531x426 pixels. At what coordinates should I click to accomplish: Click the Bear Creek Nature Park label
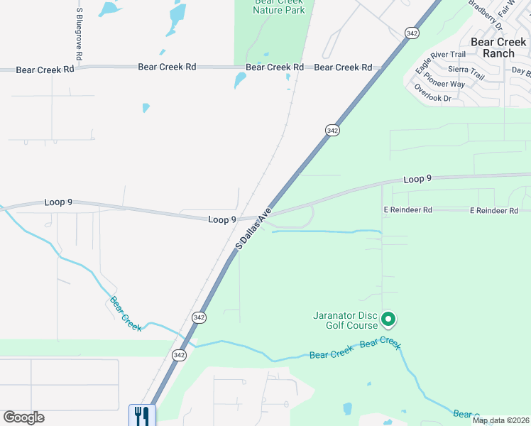(x=280, y=7)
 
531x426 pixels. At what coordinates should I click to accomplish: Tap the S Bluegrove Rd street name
(x=79, y=34)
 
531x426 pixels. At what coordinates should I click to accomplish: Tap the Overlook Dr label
(x=432, y=94)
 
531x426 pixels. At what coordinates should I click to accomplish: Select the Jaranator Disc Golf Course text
(x=345, y=320)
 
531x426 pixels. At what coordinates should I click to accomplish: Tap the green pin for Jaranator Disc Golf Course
(x=388, y=320)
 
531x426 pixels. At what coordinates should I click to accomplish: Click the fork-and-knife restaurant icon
(x=142, y=415)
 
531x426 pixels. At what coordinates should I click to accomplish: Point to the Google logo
(x=23, y=417)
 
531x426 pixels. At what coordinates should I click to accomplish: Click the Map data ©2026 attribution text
(x=500, y=420)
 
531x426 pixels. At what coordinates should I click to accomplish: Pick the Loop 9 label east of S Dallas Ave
(x=417, y=180)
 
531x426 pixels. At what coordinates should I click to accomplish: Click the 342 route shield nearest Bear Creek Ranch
(x=412, y=33)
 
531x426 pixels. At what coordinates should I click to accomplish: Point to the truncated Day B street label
(x=521, y=72)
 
